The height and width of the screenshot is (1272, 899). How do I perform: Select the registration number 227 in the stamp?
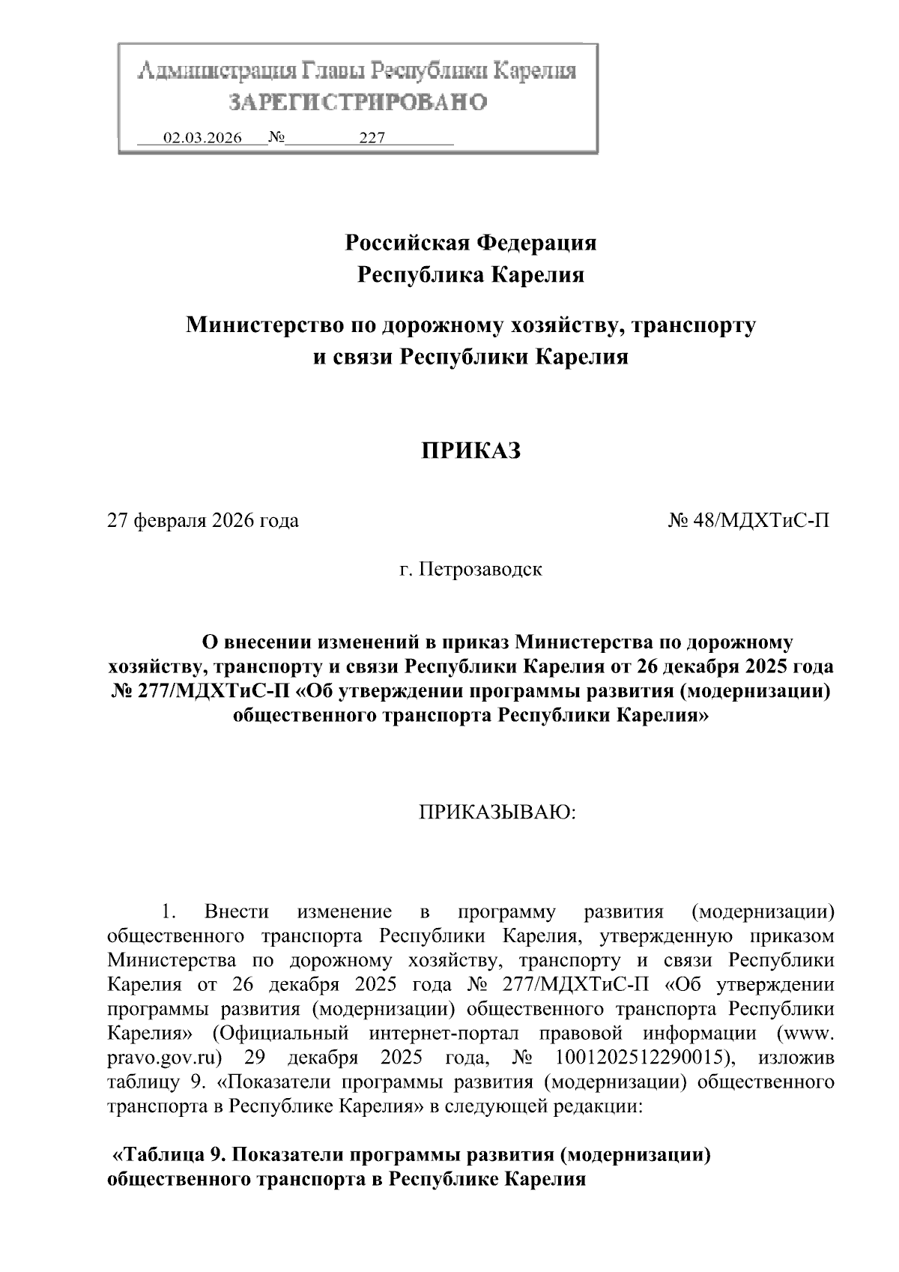(372, 138)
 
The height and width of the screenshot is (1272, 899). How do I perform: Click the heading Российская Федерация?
(470, 243)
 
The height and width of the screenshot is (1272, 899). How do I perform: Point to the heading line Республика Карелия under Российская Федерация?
(470, 275)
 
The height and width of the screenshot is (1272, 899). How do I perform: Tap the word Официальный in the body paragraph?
(282, 1034)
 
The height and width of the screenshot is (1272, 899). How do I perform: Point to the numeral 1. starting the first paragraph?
(168, 912)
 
